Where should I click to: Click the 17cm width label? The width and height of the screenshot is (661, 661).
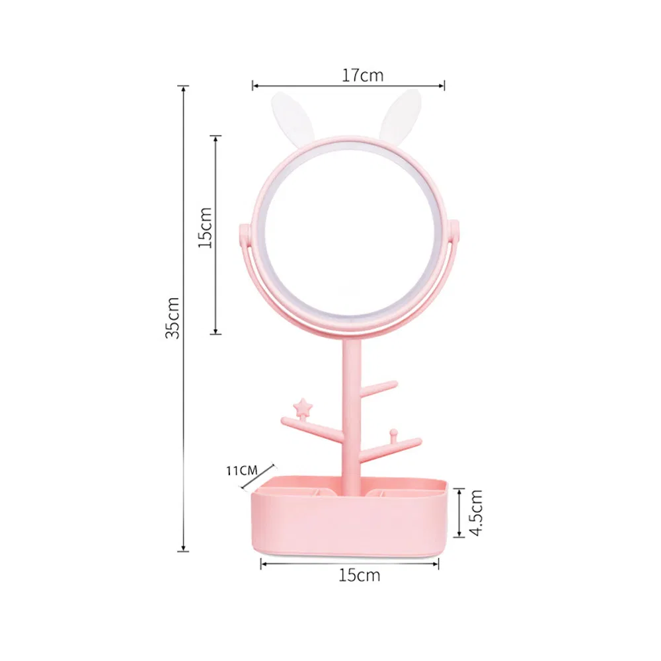click(362, 75)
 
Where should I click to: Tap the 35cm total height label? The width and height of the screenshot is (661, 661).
click(172, 317)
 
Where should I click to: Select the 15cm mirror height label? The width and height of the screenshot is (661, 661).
click(206, 227)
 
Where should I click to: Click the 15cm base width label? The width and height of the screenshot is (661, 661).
click(360, 575)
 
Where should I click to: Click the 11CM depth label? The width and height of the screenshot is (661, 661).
click(241, 471)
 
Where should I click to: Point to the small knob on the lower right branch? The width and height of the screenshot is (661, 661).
click(393, 433)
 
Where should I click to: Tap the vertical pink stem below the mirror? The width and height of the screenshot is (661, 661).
click(351, 397)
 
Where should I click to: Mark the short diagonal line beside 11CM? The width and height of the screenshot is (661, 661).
click(254, 478)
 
